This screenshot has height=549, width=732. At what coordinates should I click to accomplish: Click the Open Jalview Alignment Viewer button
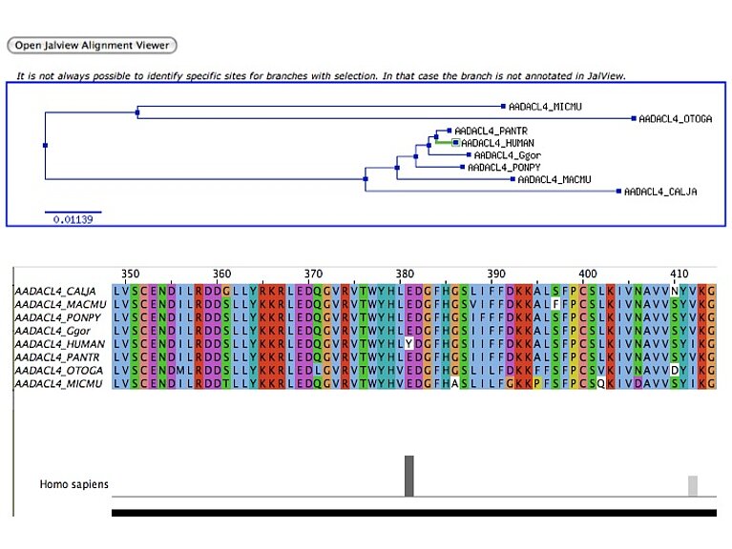[x=92, y=45]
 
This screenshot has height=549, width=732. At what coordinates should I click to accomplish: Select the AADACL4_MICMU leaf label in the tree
[x=539, y=107]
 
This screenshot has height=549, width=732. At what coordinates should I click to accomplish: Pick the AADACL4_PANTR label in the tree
[x=486, y=131]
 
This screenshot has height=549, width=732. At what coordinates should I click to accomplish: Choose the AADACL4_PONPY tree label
[x=497, y=167]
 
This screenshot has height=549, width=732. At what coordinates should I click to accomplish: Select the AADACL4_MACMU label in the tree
[x=554, y=179]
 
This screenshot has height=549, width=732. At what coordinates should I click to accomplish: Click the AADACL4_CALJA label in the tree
[x=660, y=192]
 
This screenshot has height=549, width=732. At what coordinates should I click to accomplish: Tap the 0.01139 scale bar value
[x=73, y=219]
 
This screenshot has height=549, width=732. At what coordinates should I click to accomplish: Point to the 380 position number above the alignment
[x=405, y=274]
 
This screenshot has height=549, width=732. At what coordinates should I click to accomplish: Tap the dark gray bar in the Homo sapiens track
[x=409, y=476]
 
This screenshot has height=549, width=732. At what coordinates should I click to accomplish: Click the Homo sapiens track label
[x=73, y=484]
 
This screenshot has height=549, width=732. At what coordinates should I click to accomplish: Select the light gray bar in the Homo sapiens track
[x=693, y=485]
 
